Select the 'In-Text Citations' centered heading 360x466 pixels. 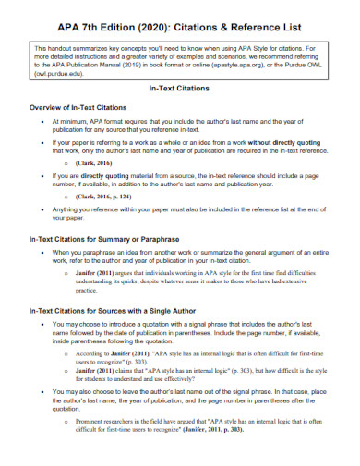point(180,88)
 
